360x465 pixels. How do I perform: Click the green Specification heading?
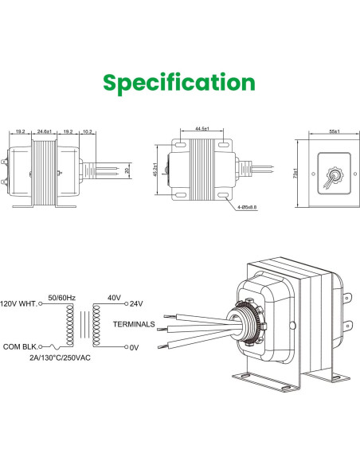click(x=180, y=83)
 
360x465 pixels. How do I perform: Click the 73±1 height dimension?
click(x=295, y=171)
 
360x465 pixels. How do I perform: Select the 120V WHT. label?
click(x=18, y=303)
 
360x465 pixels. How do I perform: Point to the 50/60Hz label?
click(x=62, y=295)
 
